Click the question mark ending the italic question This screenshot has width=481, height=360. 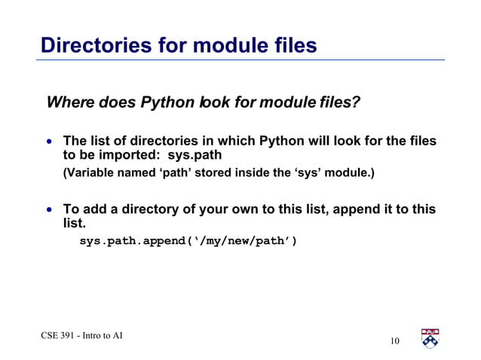(355, 102)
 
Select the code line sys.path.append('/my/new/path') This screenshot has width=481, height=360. (188, 242)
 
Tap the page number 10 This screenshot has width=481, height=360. (394, 343)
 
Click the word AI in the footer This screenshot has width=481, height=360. (116, 335)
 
